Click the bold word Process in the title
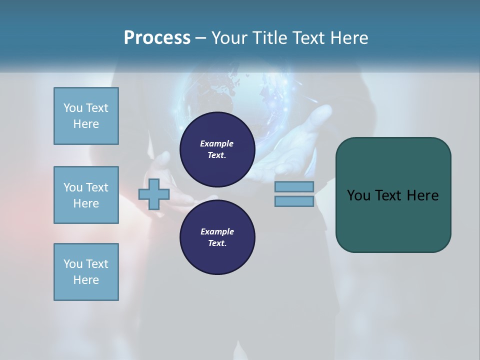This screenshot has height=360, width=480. [157, 38]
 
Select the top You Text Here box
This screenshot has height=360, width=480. [86, 116]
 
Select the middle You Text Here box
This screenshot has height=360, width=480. [86, 195]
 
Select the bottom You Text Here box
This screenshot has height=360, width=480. [86, 272]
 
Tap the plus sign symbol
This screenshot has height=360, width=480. [154, 194]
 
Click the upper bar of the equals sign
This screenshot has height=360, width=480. [294, 187]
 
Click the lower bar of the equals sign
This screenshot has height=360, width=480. [294, 201]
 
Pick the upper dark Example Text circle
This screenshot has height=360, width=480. [217, 149]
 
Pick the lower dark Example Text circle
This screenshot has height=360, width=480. [217, 237]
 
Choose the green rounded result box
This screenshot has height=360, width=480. [393, 195]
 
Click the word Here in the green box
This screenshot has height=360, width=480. [422, 195]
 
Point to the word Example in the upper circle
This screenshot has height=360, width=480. [217, 144]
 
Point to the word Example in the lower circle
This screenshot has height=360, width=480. [217, 232]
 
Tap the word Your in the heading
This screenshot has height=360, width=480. [227, 38]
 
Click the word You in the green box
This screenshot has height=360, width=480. [358, 195]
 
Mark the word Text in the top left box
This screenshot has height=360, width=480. [97, 108]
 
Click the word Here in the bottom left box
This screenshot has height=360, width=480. [86, 280]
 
